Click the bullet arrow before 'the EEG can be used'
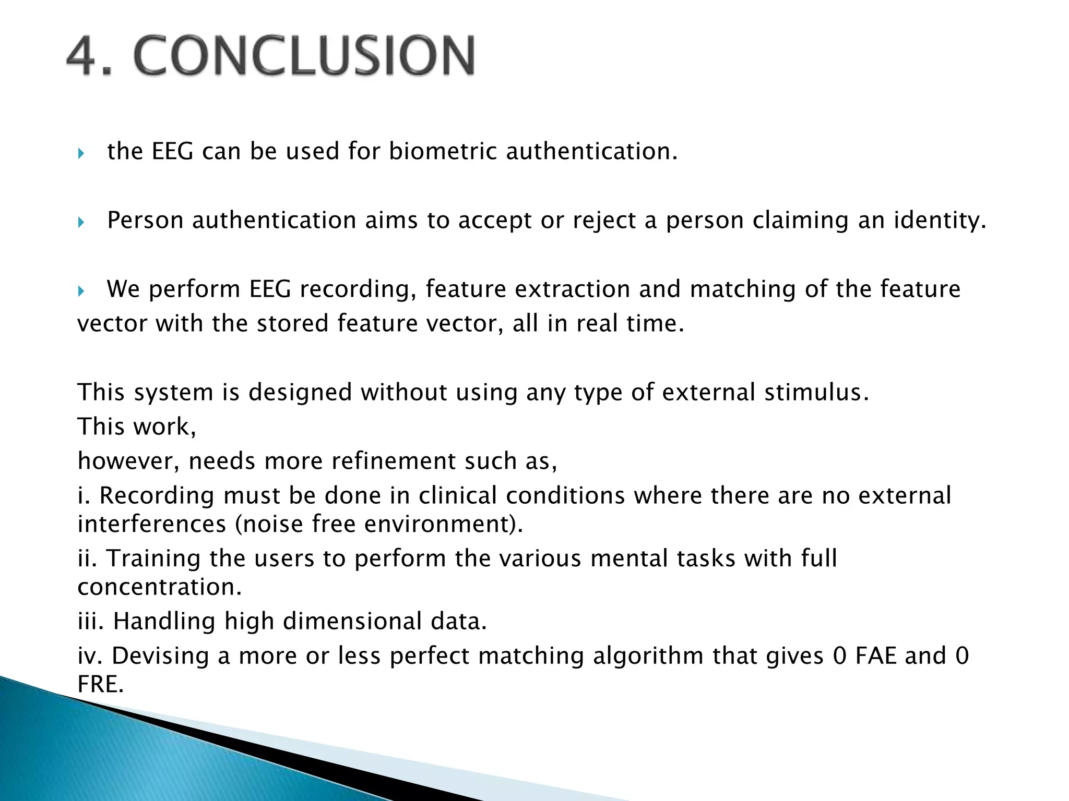click(x=81, y=153)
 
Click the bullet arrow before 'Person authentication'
click(x=81, y=222)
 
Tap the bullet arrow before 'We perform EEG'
click(x=81, y=291)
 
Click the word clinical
click(x=457, y=495)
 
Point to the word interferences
click(x=151, y=524)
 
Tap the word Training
click(x=153, y=559)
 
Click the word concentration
click(x=159, y=587)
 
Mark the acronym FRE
click(x=100, y=684)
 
